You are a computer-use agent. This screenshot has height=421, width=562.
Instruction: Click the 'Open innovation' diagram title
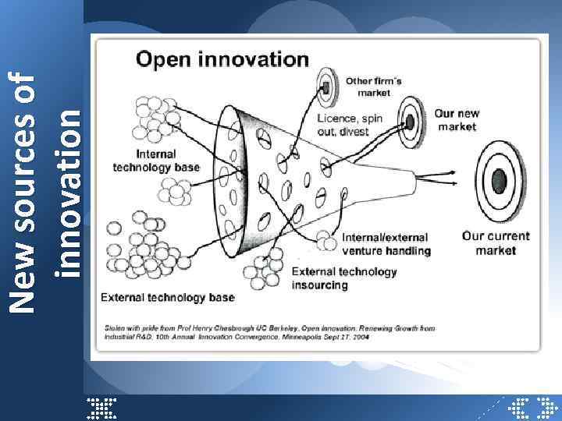coord(222,58)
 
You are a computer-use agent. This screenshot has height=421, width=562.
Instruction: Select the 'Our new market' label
coord(457,119)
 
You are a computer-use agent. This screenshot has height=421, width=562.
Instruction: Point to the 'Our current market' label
coord(496,242)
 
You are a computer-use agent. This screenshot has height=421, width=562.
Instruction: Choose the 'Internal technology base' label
coord(156,161)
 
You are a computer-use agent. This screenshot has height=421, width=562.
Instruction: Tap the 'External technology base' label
coord(167,297)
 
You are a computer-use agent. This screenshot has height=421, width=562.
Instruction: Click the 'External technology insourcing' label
coord(343,278)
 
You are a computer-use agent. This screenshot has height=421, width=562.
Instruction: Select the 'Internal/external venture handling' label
coord(386,243)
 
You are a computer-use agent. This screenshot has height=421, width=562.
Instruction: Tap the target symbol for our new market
coord(410,121)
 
